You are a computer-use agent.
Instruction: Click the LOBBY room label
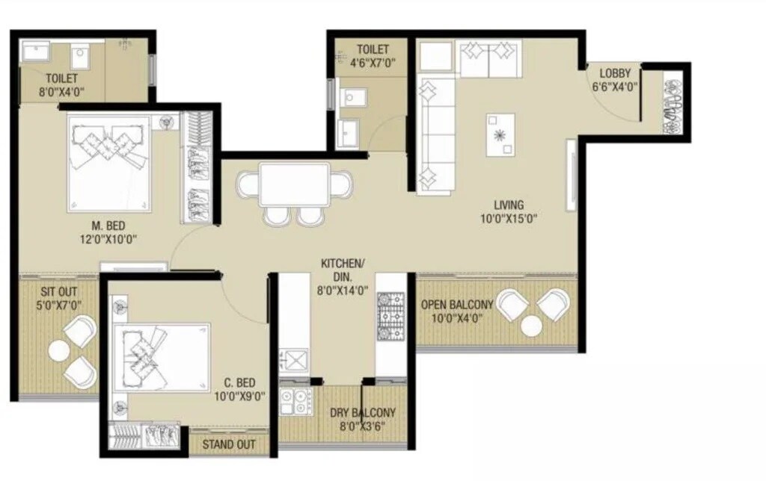(x=615, y=73)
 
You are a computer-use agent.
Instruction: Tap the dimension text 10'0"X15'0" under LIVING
(x=509, y=219)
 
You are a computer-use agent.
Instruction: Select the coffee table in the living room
(x=500, y=134)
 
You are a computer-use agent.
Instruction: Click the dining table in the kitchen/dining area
(x=295, y=184)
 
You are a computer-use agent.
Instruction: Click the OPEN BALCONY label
(x=456, y=305)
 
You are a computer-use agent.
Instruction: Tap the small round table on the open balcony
(x=532, y=326)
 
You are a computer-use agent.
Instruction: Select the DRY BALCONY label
(x=363, y=413)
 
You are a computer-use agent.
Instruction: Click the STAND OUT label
(x=229, y=444)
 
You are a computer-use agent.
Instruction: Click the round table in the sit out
(x=58, y=350)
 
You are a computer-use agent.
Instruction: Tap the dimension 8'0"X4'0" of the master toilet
(x=62, y=91)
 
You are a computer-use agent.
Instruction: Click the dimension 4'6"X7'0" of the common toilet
(x=372, y=63)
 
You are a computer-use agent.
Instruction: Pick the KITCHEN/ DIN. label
(x=343, y=270)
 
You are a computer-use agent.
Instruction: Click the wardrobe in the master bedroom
(x=197, y=167)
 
